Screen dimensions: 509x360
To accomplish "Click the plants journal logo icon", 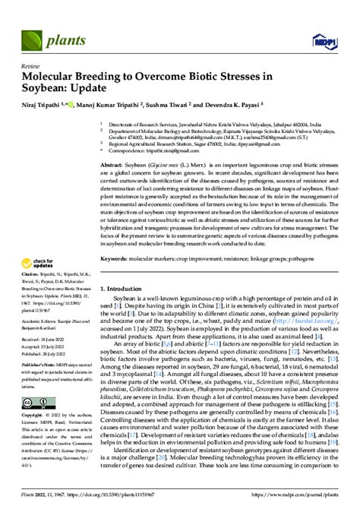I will (x=32, y=36).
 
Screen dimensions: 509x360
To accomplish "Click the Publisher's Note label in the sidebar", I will (x=39, y=376).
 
